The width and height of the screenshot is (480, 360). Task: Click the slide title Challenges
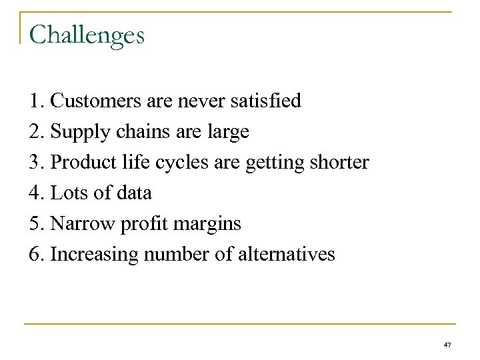[x=87, y=35]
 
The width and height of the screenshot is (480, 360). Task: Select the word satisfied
[x=265, y=101]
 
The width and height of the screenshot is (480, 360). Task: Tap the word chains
[x=136, y=132]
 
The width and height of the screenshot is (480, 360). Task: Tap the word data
[x=134, y=193]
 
